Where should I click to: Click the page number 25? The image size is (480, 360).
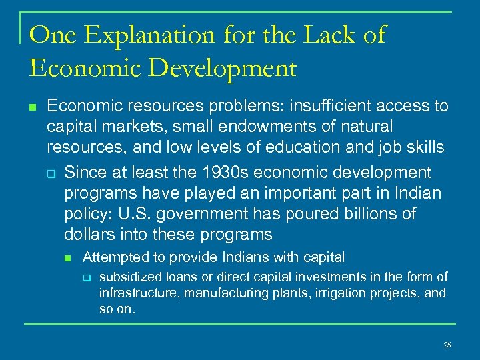(447, 345)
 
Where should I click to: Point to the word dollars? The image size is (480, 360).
(89, 234)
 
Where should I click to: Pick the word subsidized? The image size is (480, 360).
(129, 277)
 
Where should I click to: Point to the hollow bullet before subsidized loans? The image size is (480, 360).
(86, 277)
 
